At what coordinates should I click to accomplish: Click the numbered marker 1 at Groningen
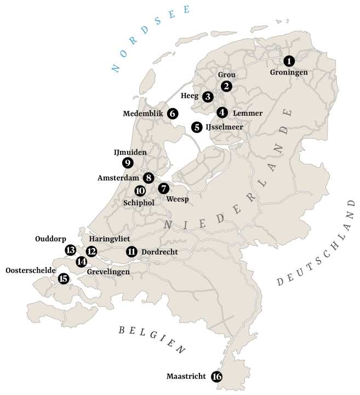pyautogui.click(x=289, y=61)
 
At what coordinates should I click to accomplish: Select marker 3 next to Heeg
pyautogui.click(x=208, y=97)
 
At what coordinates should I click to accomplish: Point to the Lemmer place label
pyautogui.click(x=248, y=113)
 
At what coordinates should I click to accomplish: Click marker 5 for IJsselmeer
pyautogui.click(x=197, y=127)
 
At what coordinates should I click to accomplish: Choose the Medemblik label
pyautogui.click(x=143, y=114)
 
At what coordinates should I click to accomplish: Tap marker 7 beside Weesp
pyautogui.click(x=164, y=188)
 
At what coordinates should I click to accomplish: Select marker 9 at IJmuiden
pyautogui.click(x=128, y=162)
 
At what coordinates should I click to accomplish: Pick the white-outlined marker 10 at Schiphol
pyautogui.click(x=140, y=191)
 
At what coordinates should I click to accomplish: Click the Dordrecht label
pyautogui.click(x=159, y=252)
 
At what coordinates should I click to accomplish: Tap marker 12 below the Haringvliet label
pyautogui.click(x=92, y=252)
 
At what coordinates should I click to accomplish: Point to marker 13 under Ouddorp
pyautogui.click(x=70, y=250)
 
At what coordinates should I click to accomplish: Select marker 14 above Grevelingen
pyautogui.click(x=81, y=262)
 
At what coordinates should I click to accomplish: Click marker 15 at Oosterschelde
pyautogui.click(x=63, y=279)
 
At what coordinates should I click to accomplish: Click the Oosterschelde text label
pyautogui.click(x=30, y=270)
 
